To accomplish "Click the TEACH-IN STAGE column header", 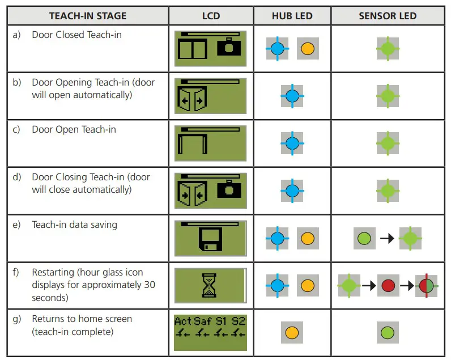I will click(87, 16).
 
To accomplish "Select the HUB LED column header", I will click(292, 16).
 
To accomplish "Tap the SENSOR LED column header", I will click(388, 16).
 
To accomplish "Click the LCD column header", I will click(211, 16).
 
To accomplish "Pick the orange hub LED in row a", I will click(308, 49).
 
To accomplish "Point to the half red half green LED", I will click(427, 286).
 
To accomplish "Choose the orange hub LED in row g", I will click(292, 333).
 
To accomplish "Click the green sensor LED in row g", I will click(388, 333).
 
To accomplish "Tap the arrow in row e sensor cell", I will click(388, 239).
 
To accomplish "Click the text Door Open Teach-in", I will click(74, 130).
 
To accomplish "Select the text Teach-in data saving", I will click(74, 225).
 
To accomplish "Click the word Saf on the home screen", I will click(202, 321).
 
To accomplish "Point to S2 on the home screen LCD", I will click(239, 321).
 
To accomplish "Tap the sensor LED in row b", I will click(388, 96).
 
